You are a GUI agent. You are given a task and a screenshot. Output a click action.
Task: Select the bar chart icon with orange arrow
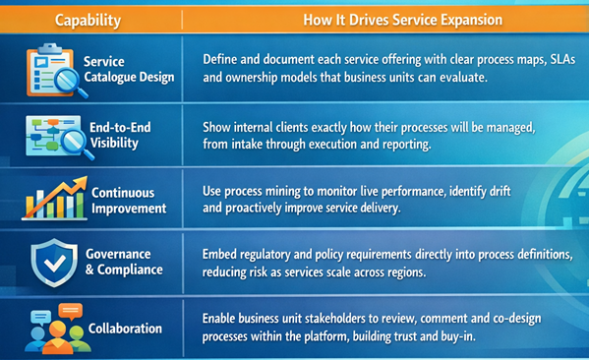coord(54,197)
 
